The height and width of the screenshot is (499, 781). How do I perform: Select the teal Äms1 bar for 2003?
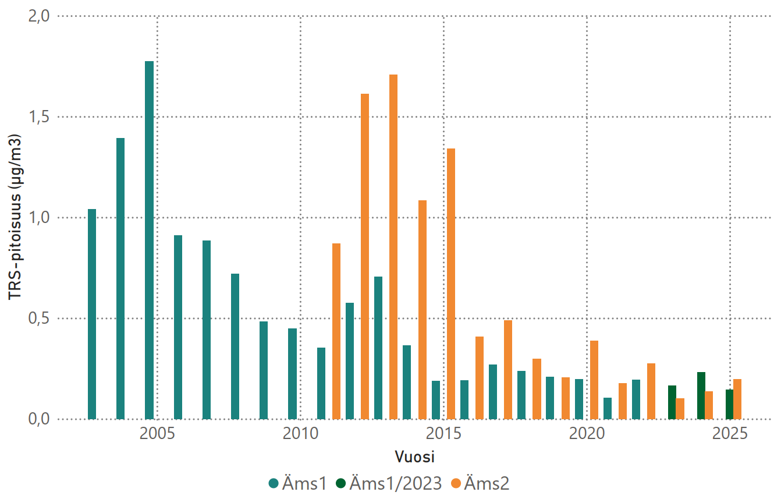pyautogui.click(x=92, y=314)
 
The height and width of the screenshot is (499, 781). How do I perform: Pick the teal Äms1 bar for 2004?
pyautogui.click(x=120, y=278)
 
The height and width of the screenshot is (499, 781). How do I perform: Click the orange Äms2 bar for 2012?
pyautogui.click(x=365, y=256)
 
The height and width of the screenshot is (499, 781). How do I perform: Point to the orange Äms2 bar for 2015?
pyautogui.click(x=450, y=284)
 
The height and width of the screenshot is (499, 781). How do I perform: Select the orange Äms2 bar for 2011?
pyautogui.click(x=336, y=331)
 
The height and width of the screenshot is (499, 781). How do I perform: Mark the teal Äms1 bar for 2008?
pyautogui.click(x=235, y=346)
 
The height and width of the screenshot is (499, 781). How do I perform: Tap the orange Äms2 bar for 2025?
pyautogui.click(x=737, y=399)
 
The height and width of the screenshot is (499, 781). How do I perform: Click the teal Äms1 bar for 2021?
pyautogui.click(x=608, y=408)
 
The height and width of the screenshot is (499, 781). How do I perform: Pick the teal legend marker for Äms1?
pyautogui.click(x=273, y=483)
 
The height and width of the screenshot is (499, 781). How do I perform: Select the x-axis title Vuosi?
pyautogui.click(x=415, y=457)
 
